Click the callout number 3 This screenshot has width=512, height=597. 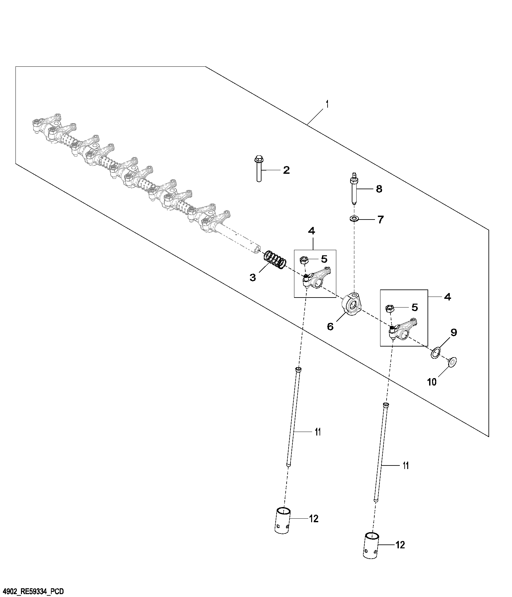[252, 277]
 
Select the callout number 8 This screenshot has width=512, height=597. [379, 189]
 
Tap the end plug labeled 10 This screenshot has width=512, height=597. [452, 362]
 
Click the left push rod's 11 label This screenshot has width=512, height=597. [318, 432]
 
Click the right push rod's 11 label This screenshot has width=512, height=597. [406, 465]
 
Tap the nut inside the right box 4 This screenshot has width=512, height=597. [390, 308]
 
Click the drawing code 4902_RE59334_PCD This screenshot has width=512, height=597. [33, 592]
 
